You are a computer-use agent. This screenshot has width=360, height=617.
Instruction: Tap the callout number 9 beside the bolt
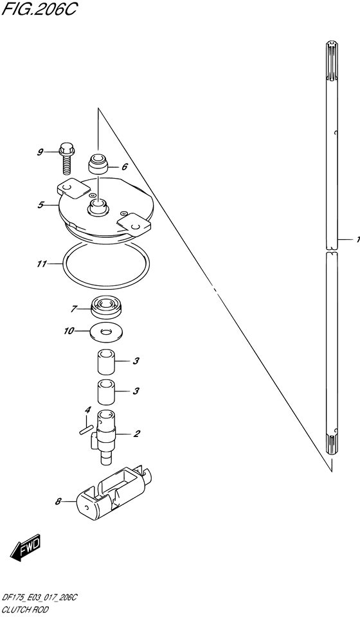[x=40, y=152]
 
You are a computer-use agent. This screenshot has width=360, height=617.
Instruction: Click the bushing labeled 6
[x=98, y=165]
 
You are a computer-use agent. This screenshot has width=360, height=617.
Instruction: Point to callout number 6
[x=125, y=166]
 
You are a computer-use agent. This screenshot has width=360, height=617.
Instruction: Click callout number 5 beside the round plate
[x=40, y=205]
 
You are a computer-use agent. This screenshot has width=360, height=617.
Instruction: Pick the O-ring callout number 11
[x=41, y=264]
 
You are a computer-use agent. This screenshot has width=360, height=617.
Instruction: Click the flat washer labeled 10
[x=106, y=332]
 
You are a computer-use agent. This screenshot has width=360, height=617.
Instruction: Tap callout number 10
[x=69, y=331]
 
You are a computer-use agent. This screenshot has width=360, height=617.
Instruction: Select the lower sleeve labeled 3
[x=105, y=391]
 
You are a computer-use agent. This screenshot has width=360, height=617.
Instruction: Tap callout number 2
[x=137, y=434]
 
